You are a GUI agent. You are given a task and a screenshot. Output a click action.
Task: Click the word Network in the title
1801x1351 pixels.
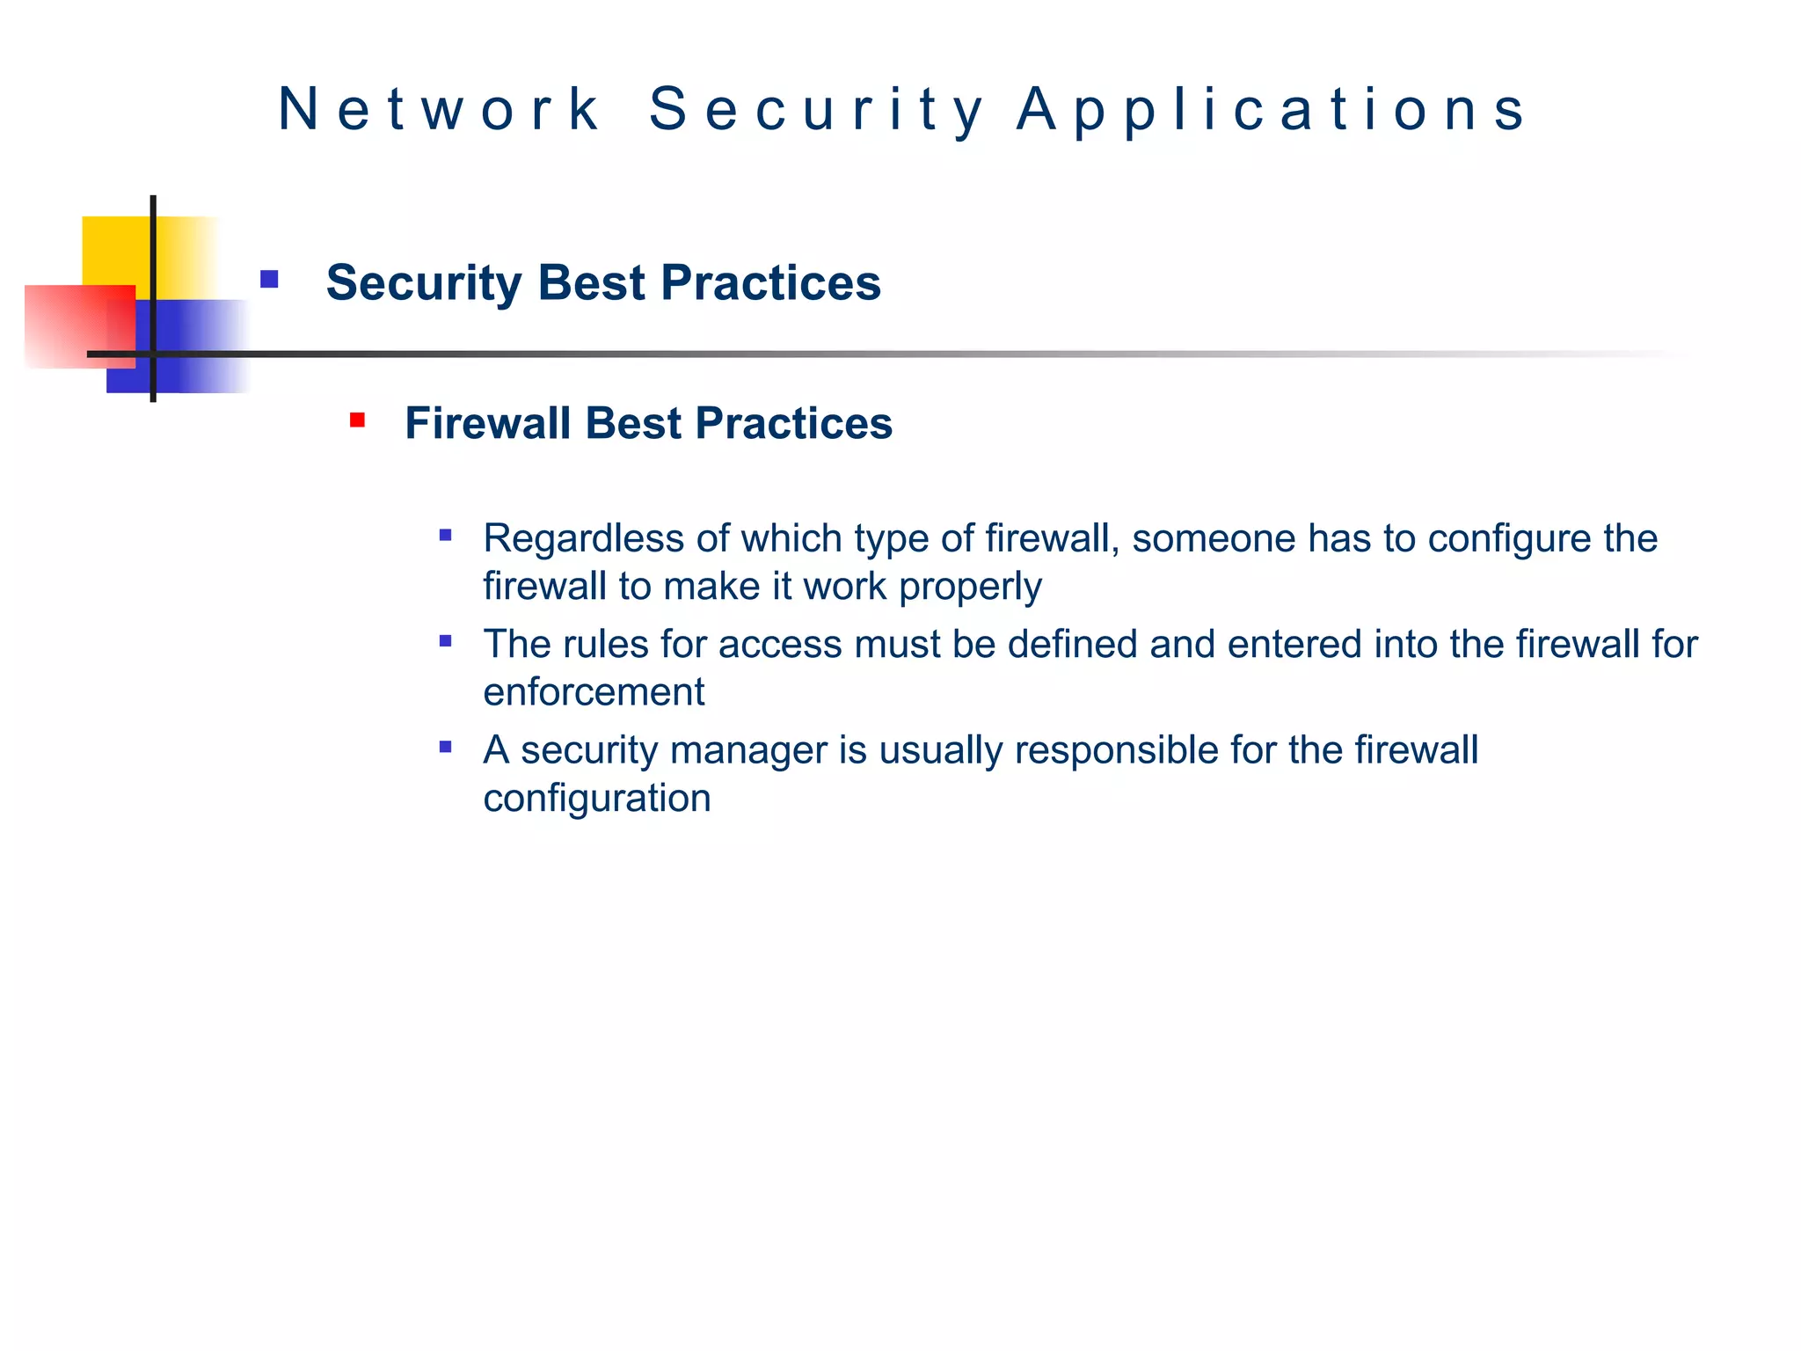[439, 109]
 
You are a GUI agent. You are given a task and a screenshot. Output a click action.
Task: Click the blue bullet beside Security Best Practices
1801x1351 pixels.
[269, 280]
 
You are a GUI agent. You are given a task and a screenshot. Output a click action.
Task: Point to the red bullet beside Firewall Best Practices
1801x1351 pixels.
[357, 420]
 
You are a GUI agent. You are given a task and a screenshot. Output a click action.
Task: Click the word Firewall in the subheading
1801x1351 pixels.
[487, 423]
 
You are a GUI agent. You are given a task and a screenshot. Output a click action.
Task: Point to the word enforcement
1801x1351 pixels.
[594, 692]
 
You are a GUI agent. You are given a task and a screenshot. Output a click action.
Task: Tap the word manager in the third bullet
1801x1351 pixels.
[748, 750]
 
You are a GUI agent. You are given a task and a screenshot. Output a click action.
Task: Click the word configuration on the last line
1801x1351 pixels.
[597, 798]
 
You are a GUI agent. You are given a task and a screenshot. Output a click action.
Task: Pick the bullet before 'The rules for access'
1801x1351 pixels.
[446, 641]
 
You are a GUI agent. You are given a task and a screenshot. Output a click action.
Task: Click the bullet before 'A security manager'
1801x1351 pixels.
[446, 748]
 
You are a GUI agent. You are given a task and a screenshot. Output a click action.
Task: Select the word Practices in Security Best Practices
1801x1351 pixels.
[770, 282]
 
